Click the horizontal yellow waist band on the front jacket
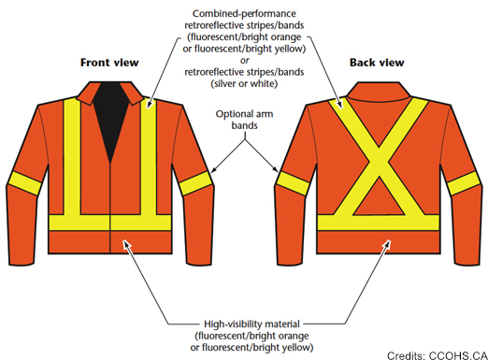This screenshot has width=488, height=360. click(111, 223)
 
